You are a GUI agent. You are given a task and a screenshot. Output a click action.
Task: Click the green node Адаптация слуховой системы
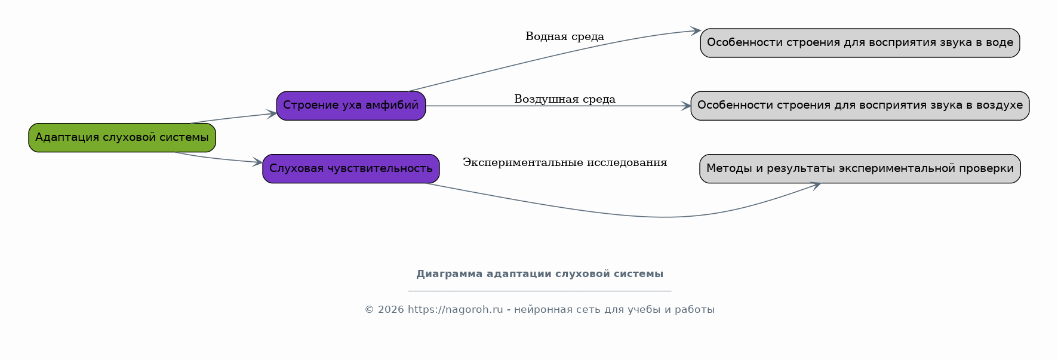122,138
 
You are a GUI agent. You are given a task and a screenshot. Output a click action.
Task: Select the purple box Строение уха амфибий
351,106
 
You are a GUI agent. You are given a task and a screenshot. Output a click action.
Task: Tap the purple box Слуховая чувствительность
351,169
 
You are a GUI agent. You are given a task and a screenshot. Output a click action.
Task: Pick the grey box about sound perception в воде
860,43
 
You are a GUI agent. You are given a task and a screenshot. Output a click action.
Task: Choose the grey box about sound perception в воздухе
860,106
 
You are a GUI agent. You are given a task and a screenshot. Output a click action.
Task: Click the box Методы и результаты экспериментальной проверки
860,169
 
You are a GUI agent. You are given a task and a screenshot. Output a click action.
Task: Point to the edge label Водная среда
565,36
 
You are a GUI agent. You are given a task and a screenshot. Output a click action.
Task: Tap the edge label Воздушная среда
565,99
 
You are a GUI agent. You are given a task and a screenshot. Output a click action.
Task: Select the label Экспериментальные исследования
565,162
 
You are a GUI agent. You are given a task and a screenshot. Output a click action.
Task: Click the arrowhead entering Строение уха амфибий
272,113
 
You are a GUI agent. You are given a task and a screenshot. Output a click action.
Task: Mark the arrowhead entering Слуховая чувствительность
258,162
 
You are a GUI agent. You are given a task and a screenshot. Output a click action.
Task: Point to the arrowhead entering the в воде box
696,30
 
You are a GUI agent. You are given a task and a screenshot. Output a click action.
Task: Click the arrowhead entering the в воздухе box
686,106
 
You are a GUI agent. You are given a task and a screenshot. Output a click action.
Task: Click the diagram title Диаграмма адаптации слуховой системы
540,274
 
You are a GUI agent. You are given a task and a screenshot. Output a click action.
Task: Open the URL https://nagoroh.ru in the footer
456,310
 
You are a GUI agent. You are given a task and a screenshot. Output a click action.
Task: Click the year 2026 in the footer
390,310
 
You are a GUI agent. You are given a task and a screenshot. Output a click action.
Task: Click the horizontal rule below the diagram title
540,291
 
